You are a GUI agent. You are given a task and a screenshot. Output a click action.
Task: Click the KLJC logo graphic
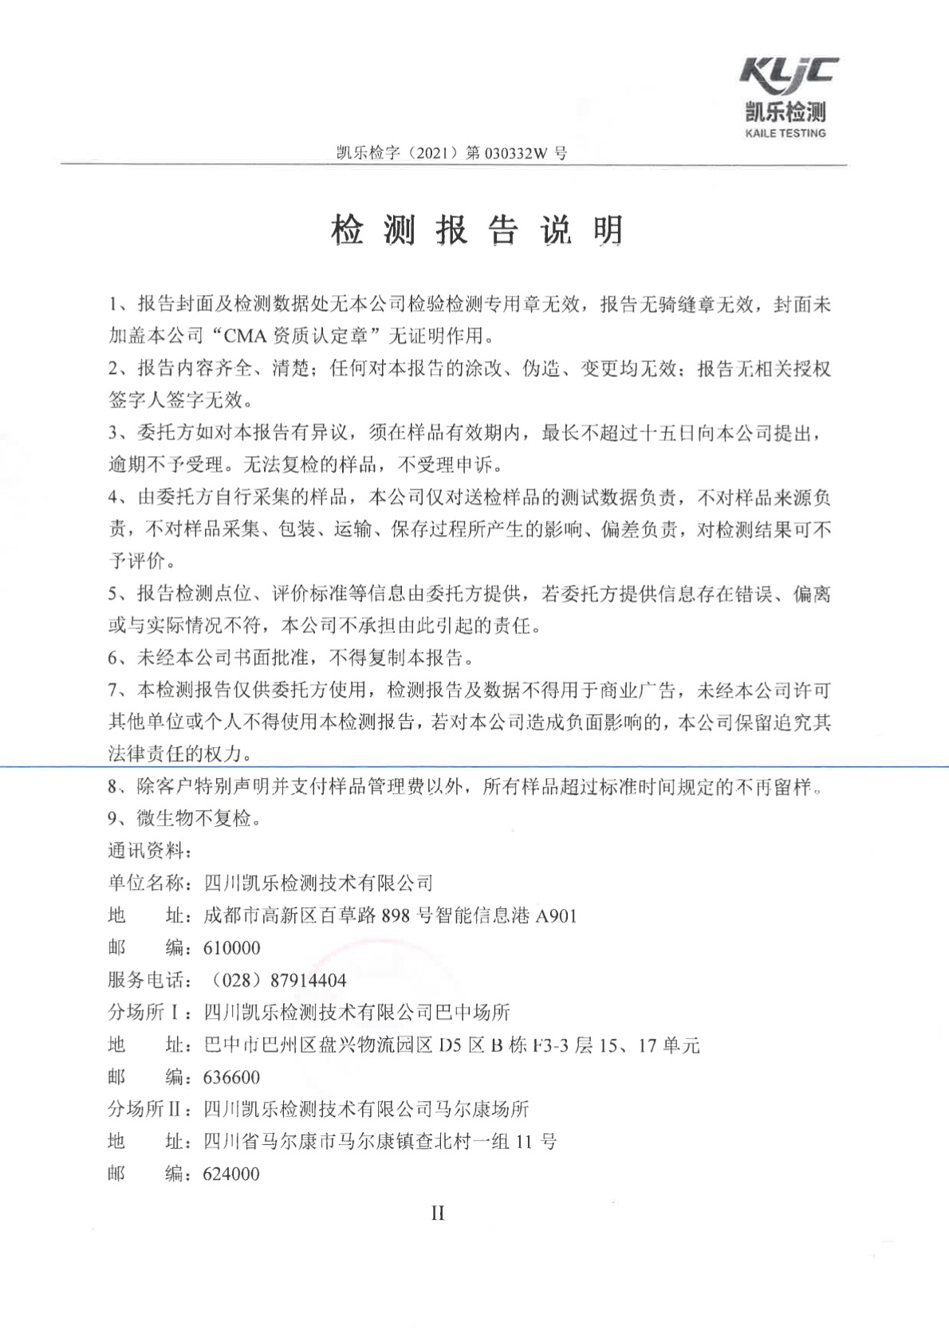click(788, 74)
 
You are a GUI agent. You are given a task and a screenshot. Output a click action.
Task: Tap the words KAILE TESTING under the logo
click(786, 134)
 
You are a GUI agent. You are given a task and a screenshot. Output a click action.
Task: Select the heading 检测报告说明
click(477, 231)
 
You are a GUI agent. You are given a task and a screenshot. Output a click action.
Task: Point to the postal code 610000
click(231, 948)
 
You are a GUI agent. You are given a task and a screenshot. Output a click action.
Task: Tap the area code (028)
click(238, 980)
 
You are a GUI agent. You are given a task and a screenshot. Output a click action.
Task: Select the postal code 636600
click(231, 1077)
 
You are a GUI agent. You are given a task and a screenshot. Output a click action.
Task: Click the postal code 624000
click(231, 1174)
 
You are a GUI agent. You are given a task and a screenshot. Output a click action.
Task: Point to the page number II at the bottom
click(438, 1213)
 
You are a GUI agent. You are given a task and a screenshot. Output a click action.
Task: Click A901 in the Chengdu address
click(555, 915)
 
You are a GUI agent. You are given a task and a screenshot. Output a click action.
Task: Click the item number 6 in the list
click(113, 659)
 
